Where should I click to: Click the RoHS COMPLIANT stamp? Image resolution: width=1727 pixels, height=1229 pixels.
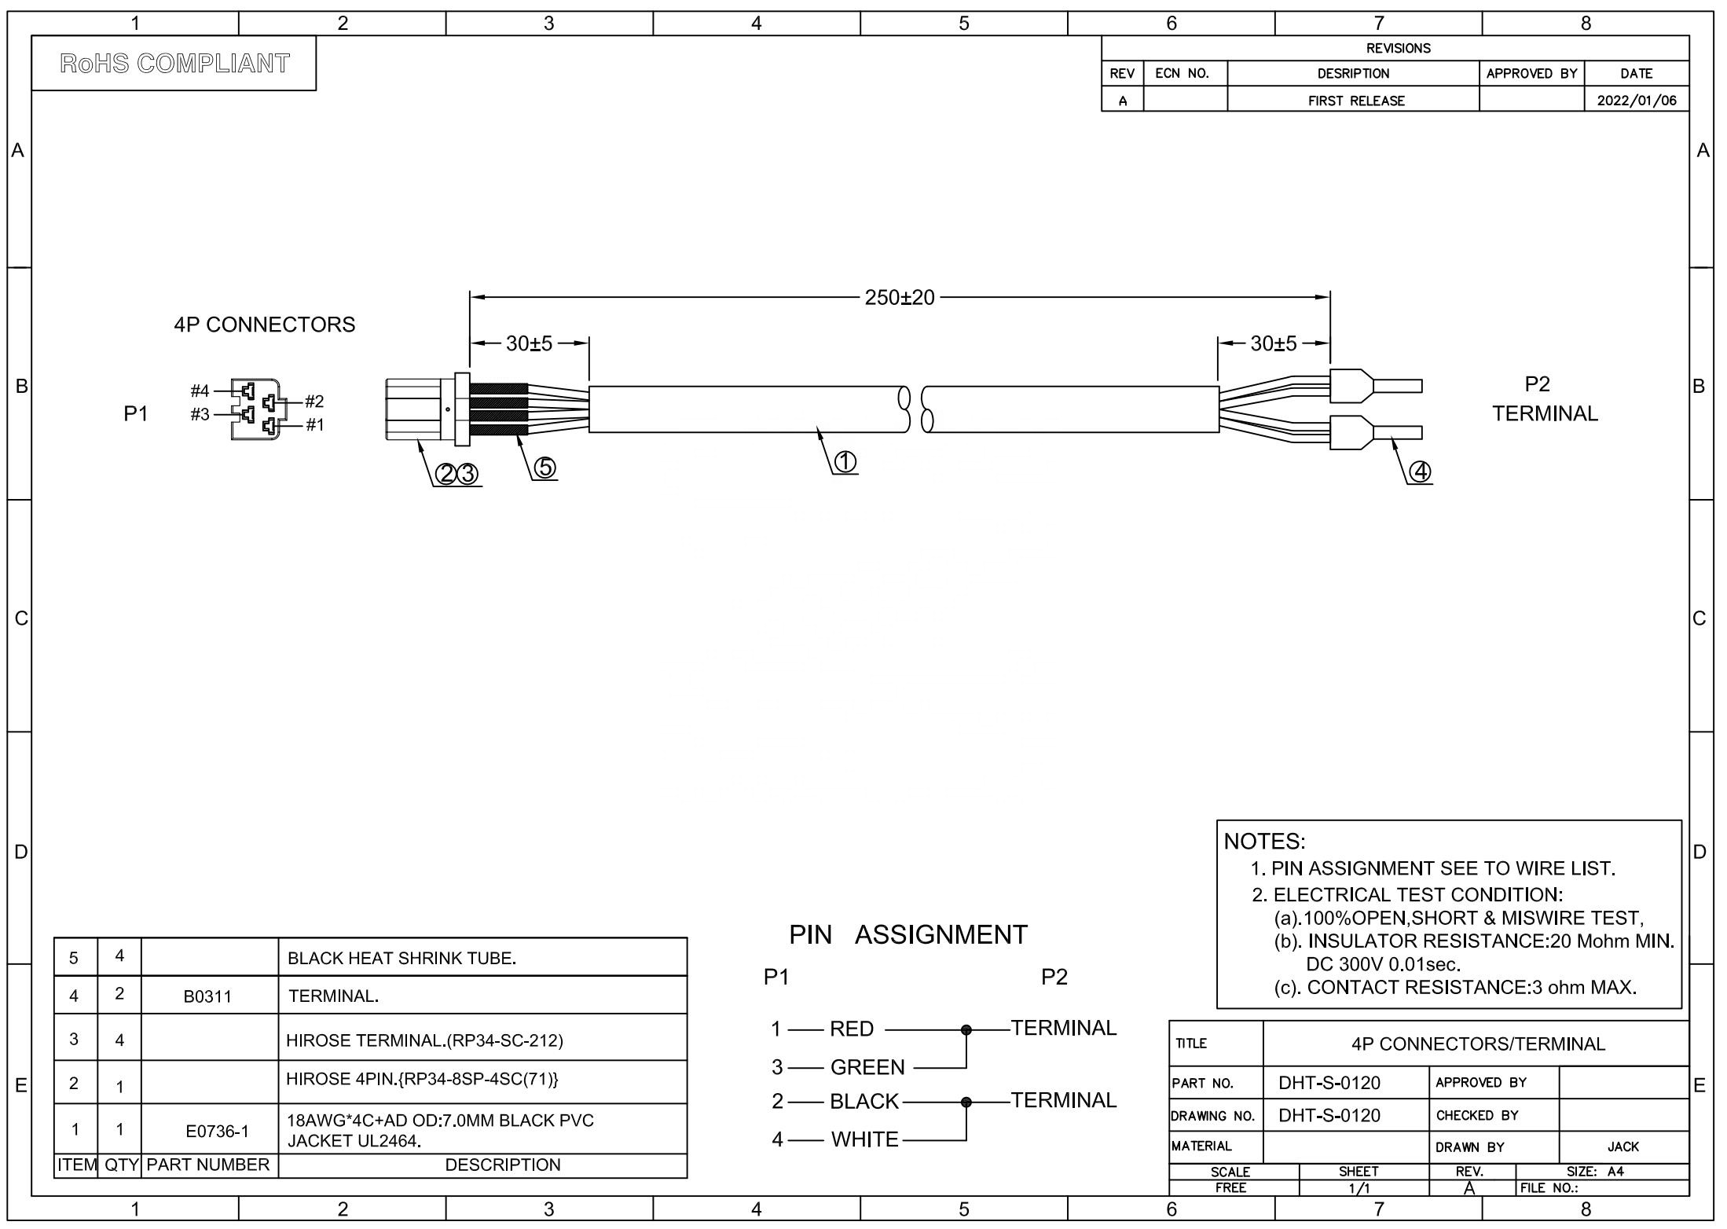point(174,63)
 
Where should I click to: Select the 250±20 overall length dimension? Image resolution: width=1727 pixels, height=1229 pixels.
point(900,298)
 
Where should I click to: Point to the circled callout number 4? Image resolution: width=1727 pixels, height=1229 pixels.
point(1420,471)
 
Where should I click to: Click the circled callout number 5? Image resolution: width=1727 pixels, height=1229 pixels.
point(544,468)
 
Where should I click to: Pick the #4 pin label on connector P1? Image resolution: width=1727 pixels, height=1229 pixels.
point(200,391)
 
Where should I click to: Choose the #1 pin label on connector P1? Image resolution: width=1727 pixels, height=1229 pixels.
point(314,425)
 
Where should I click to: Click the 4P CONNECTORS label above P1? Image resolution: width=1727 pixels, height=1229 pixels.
point(265,325)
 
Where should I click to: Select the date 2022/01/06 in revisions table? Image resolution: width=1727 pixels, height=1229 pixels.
point(1636,101)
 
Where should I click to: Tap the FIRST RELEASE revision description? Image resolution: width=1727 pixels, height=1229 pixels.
point(1356,101)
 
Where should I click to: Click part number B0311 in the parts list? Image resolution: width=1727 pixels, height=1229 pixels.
point(208,996)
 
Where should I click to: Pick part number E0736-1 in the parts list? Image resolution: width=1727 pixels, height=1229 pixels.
point(217,1131)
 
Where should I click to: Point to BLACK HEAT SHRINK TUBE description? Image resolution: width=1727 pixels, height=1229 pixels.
point(401,959)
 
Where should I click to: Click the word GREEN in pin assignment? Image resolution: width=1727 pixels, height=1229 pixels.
point(867,1067)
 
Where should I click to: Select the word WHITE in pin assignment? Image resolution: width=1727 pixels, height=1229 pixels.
point(864,1139)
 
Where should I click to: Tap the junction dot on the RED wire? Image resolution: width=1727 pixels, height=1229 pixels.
point(966,1029)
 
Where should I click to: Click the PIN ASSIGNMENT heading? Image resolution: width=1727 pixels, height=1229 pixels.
point(907,934)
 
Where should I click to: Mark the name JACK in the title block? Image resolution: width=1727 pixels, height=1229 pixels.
point(1623,1147)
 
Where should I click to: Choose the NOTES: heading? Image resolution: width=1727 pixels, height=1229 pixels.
point(1264,842)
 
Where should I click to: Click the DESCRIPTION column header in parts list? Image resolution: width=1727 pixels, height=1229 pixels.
point(503,1165)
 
